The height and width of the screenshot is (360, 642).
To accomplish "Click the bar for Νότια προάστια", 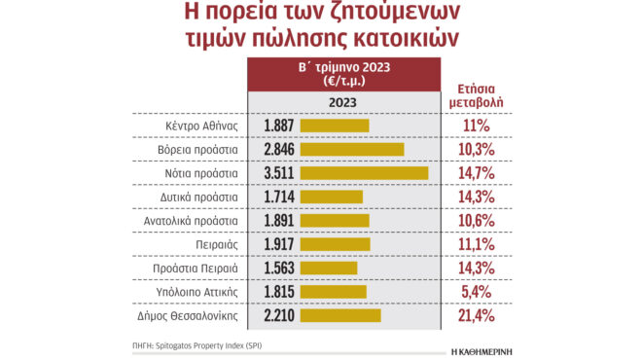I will click(365, 173).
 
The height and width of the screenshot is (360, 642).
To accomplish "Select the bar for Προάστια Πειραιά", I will click(330, 268).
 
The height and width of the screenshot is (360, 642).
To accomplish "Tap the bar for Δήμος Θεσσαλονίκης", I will click(341, 315).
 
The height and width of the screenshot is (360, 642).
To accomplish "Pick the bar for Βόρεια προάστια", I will click(353, 149).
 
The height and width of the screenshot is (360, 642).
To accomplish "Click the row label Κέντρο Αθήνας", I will click(202, 126).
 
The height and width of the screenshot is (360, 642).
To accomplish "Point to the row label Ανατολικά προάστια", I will click(192, 221).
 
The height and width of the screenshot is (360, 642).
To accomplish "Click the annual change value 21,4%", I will click(478, 315).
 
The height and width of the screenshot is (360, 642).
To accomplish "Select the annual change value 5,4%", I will click(478, 292).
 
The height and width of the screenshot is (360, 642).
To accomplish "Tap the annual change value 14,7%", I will click(478, 173).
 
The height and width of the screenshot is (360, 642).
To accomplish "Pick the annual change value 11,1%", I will click(478, 244).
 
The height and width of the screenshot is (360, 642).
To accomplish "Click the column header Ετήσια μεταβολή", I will click(478, 93).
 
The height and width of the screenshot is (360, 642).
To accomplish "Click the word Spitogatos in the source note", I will click(188, 345).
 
